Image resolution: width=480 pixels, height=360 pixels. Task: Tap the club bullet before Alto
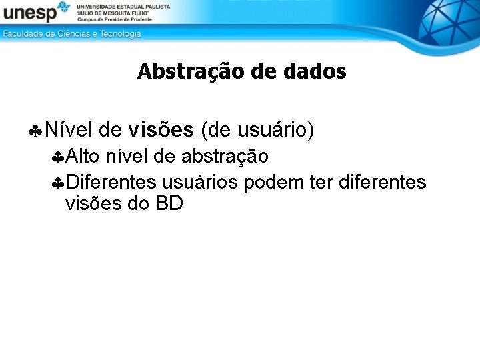58,157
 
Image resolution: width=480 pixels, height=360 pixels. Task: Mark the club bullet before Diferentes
58,183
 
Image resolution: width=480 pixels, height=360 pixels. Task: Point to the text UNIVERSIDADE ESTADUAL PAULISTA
123,6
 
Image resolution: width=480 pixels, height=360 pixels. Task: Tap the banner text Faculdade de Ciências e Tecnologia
72,34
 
